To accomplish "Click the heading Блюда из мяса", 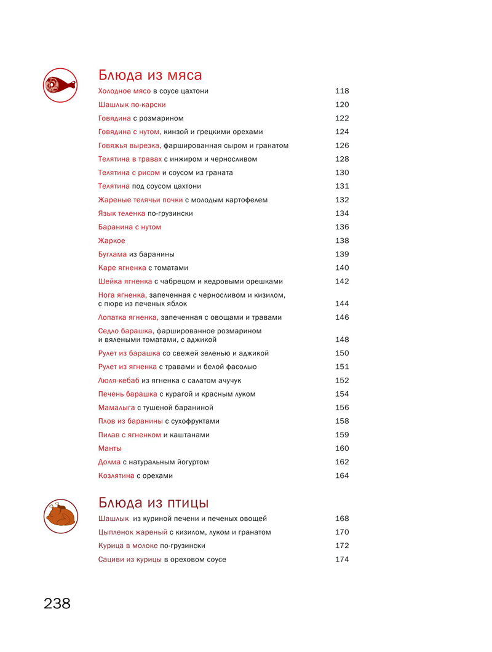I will coord(150,75).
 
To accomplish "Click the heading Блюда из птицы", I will coord(153,502).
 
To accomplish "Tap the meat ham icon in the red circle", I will coord(60,85).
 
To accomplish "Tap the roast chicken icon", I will coord(60,515).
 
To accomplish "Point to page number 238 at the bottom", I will coord(57,603).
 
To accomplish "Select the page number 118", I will coord(342,91).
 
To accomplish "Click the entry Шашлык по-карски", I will coord(132,105).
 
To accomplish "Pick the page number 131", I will coord(342,186).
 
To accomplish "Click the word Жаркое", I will coord(111,241).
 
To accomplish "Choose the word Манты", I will coord(109,448).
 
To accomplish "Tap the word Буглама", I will coord(113,254).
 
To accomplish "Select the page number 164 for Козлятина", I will coord(342,475).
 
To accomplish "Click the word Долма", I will coord(109,462).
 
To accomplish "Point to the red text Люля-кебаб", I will coord(119,380).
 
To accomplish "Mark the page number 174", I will coord(342,559).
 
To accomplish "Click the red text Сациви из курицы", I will coord(130,559).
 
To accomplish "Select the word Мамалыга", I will coord(116,407).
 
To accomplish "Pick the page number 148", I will coord(342,340).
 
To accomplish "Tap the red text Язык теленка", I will coord(122,213).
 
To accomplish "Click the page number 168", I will coord(342,519).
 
